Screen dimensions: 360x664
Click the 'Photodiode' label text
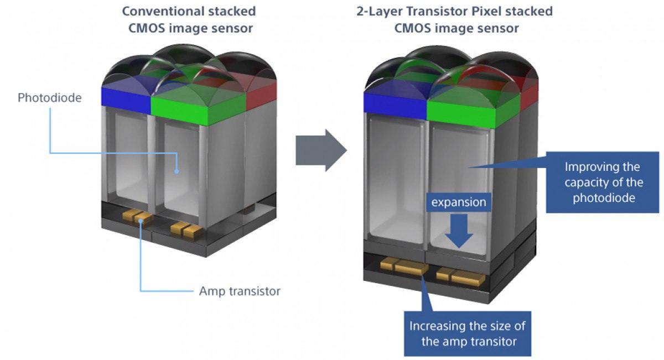click(x=50, y=98)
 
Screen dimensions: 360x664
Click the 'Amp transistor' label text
click(x=240, y=291)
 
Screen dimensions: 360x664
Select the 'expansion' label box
click(x=459, y=202)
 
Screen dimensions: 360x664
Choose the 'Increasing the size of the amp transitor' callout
click(x=468, y=333)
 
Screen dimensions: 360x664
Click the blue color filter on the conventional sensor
click(x=126, y=97)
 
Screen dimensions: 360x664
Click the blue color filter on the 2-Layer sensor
click(x=394, y=105)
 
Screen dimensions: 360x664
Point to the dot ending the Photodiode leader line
click(x=177, y=171)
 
